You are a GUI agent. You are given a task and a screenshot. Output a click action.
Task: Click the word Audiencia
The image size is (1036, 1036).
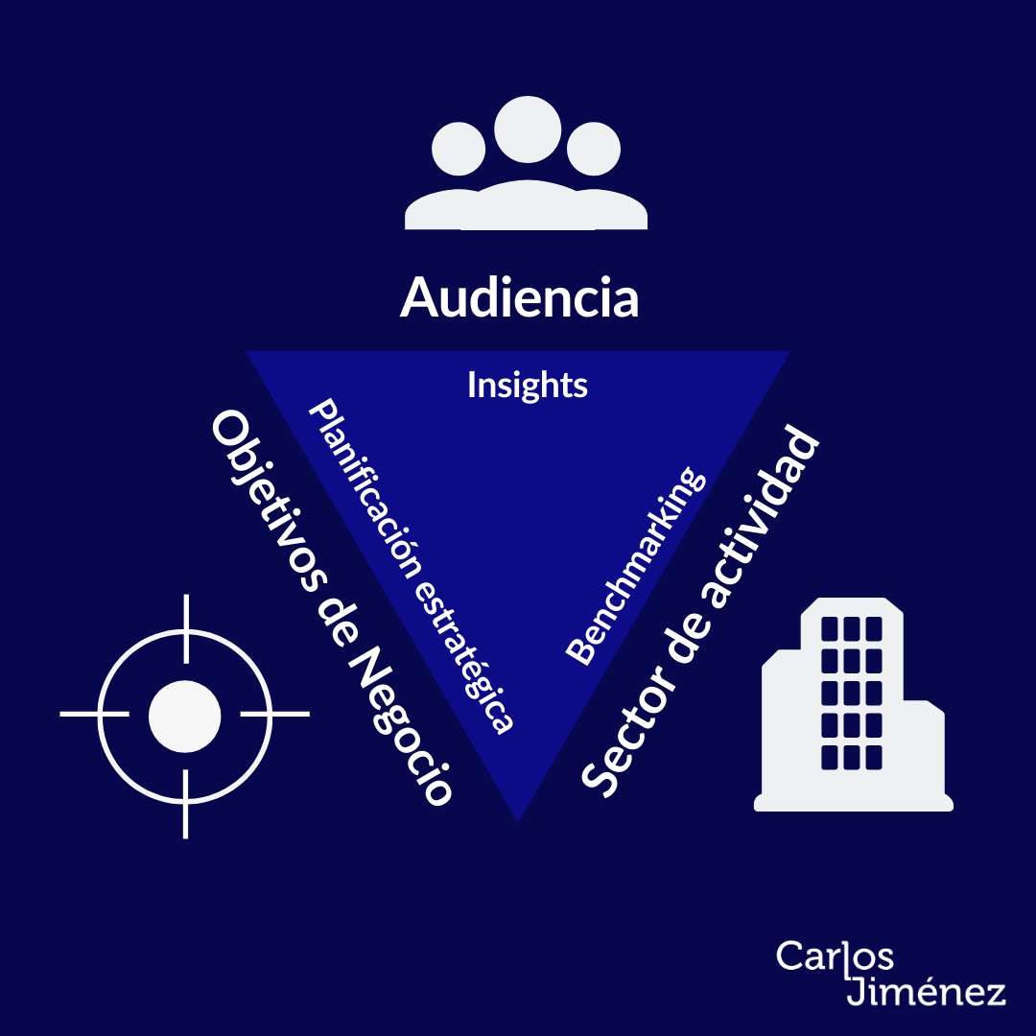[519, 297]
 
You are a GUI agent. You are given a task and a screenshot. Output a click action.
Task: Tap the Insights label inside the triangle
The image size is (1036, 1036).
[527, 386]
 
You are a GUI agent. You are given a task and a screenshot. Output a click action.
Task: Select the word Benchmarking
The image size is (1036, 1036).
[636, 566]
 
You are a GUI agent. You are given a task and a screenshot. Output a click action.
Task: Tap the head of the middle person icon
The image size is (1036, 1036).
[527, 129]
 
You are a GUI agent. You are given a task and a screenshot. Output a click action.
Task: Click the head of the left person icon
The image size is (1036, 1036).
[459, 151]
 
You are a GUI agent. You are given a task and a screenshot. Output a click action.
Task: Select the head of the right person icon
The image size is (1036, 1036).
[594, 151]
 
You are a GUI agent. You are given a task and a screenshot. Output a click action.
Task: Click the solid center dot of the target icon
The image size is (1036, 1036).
[185, 715]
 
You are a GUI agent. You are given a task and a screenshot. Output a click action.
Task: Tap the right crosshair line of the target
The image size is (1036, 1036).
[274, 715]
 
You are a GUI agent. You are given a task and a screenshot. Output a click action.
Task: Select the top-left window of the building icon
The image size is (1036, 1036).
[830, 629]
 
